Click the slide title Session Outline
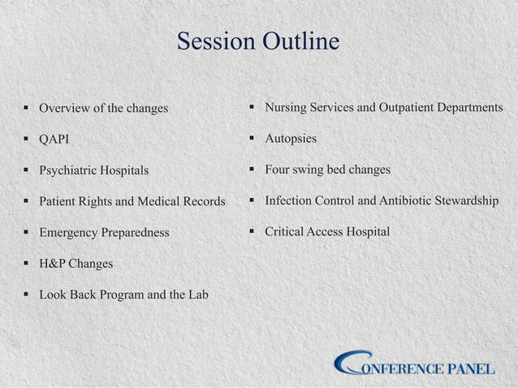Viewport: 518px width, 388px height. pos(258,41)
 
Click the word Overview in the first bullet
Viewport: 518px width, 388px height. pos(64,108)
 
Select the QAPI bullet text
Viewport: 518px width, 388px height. pos(54,140)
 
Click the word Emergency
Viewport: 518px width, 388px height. pos(69,233)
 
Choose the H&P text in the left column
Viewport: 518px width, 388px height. pos(53,264)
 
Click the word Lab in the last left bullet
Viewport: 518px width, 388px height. pos(197,295)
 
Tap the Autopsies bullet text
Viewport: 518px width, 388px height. pos(291,139)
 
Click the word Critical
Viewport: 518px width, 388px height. pos(287,232)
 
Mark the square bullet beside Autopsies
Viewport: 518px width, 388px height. pos(253,139)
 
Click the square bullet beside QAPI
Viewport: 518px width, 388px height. pos(27,140)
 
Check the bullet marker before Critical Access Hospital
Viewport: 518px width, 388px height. pos(253,232)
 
